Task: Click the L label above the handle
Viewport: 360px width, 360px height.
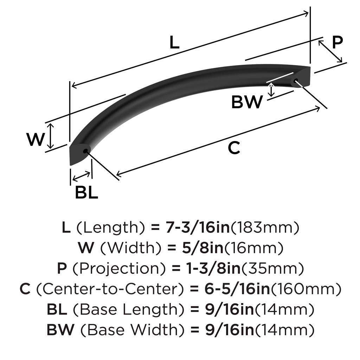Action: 174,43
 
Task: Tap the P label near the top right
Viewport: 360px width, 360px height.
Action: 337,43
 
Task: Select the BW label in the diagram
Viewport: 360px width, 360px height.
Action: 247,102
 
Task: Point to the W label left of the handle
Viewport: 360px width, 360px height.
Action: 36,140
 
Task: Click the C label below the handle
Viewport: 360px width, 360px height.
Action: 234,148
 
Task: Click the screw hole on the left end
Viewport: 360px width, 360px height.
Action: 85,151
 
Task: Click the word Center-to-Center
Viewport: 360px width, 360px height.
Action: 110,289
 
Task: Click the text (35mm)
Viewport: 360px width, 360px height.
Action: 272,269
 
